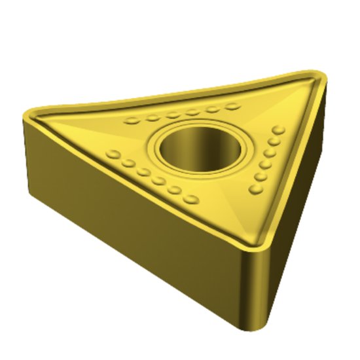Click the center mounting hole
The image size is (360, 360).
pyautogui.click(x=199, y=148)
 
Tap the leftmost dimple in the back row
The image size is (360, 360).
pyautogui.click(x=134, y=120)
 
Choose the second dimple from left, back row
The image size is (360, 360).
pyautogui.click(x=153, y=118)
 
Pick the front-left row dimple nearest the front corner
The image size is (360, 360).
pyautogui.click(x=191, y=198)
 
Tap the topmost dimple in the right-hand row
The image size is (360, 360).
pyautogui.click(x=280, y=130)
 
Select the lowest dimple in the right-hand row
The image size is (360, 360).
pyautogui.click(x=255, y=190)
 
